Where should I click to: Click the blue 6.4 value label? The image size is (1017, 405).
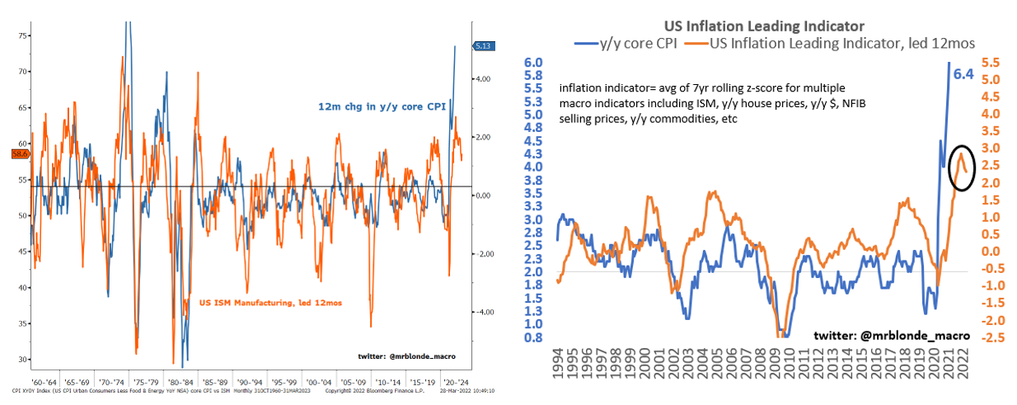pyautogui.click(x=964, y=75)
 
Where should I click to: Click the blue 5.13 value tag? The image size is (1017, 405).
pyautogui.click(x=482, y=46)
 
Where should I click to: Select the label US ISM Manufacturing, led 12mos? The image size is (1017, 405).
pyautogui.click(x=264, y=303)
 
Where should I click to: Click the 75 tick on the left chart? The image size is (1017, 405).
pyautogui.click(x=23, y=35)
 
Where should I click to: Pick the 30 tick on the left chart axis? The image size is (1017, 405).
pyautogui.click(x=23, y=360)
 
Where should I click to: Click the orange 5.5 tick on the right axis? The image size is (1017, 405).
pyautogui.click(x=991, y=63)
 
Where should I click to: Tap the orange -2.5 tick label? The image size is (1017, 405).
pyautogui.click(x=989, y=337)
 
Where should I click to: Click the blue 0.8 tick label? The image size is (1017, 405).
pyautogui.click(x=533, y=337)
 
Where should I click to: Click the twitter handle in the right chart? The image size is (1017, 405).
pyautogui.click(x=891, y=336)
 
